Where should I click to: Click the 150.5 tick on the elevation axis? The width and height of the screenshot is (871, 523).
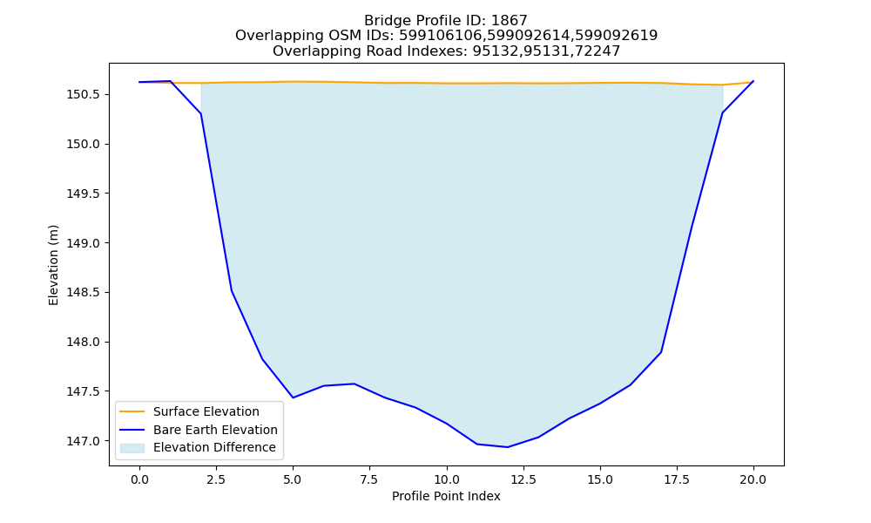click(84, 94)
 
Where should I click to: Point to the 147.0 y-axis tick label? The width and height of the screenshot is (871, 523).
click(84, 441)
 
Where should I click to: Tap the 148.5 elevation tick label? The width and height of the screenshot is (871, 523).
click(84, 293)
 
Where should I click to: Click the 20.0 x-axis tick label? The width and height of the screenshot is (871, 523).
click(753, 479)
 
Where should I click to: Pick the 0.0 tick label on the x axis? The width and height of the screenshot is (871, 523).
click(139, 479)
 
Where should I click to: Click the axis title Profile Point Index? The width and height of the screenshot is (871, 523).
click(446, 496)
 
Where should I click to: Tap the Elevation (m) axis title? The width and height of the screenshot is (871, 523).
click(53, 265)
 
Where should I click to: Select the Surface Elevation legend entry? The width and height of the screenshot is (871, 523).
click(206, 411)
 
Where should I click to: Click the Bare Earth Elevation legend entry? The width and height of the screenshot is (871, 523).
click(215, 430)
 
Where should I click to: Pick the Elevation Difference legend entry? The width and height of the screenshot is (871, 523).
click(214, 447)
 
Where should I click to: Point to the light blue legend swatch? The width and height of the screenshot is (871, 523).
click(132, 448)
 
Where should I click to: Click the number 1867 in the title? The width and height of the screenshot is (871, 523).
click(510, 21)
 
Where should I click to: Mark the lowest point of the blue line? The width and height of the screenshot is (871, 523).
click(507, 447)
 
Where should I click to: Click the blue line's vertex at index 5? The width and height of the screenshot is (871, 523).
click(293, 397)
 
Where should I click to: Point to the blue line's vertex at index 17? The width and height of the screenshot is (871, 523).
click(661, 352)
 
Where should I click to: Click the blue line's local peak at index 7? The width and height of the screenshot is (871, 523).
click(354, 384)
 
